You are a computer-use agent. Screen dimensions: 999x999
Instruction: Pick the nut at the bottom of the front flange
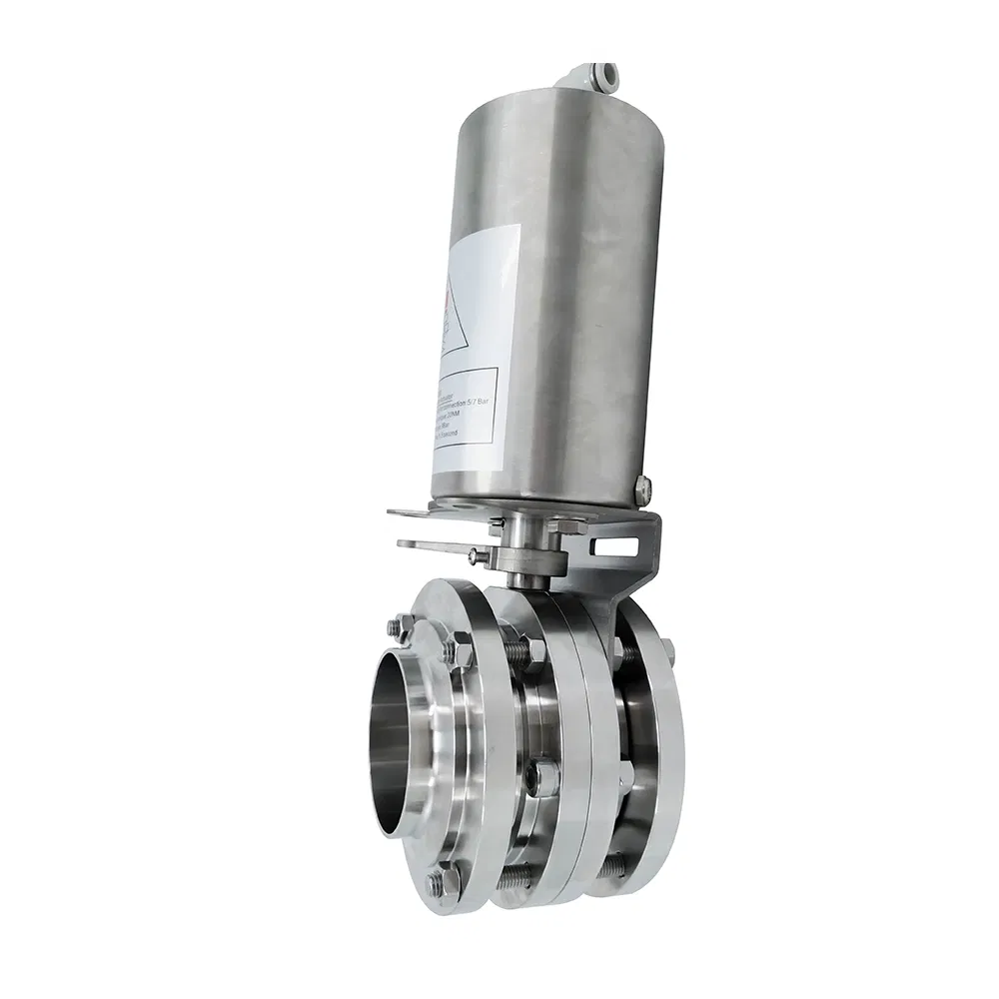pyautogui.click(x=438, y=883)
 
